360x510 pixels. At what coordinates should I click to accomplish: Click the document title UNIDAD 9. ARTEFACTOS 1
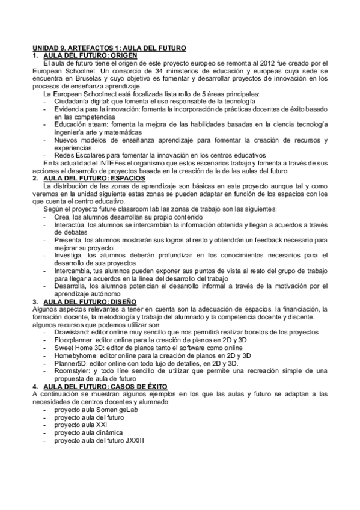[x=109, y=48]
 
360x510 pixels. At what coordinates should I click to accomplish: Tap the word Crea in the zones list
[x=62, y=217]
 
